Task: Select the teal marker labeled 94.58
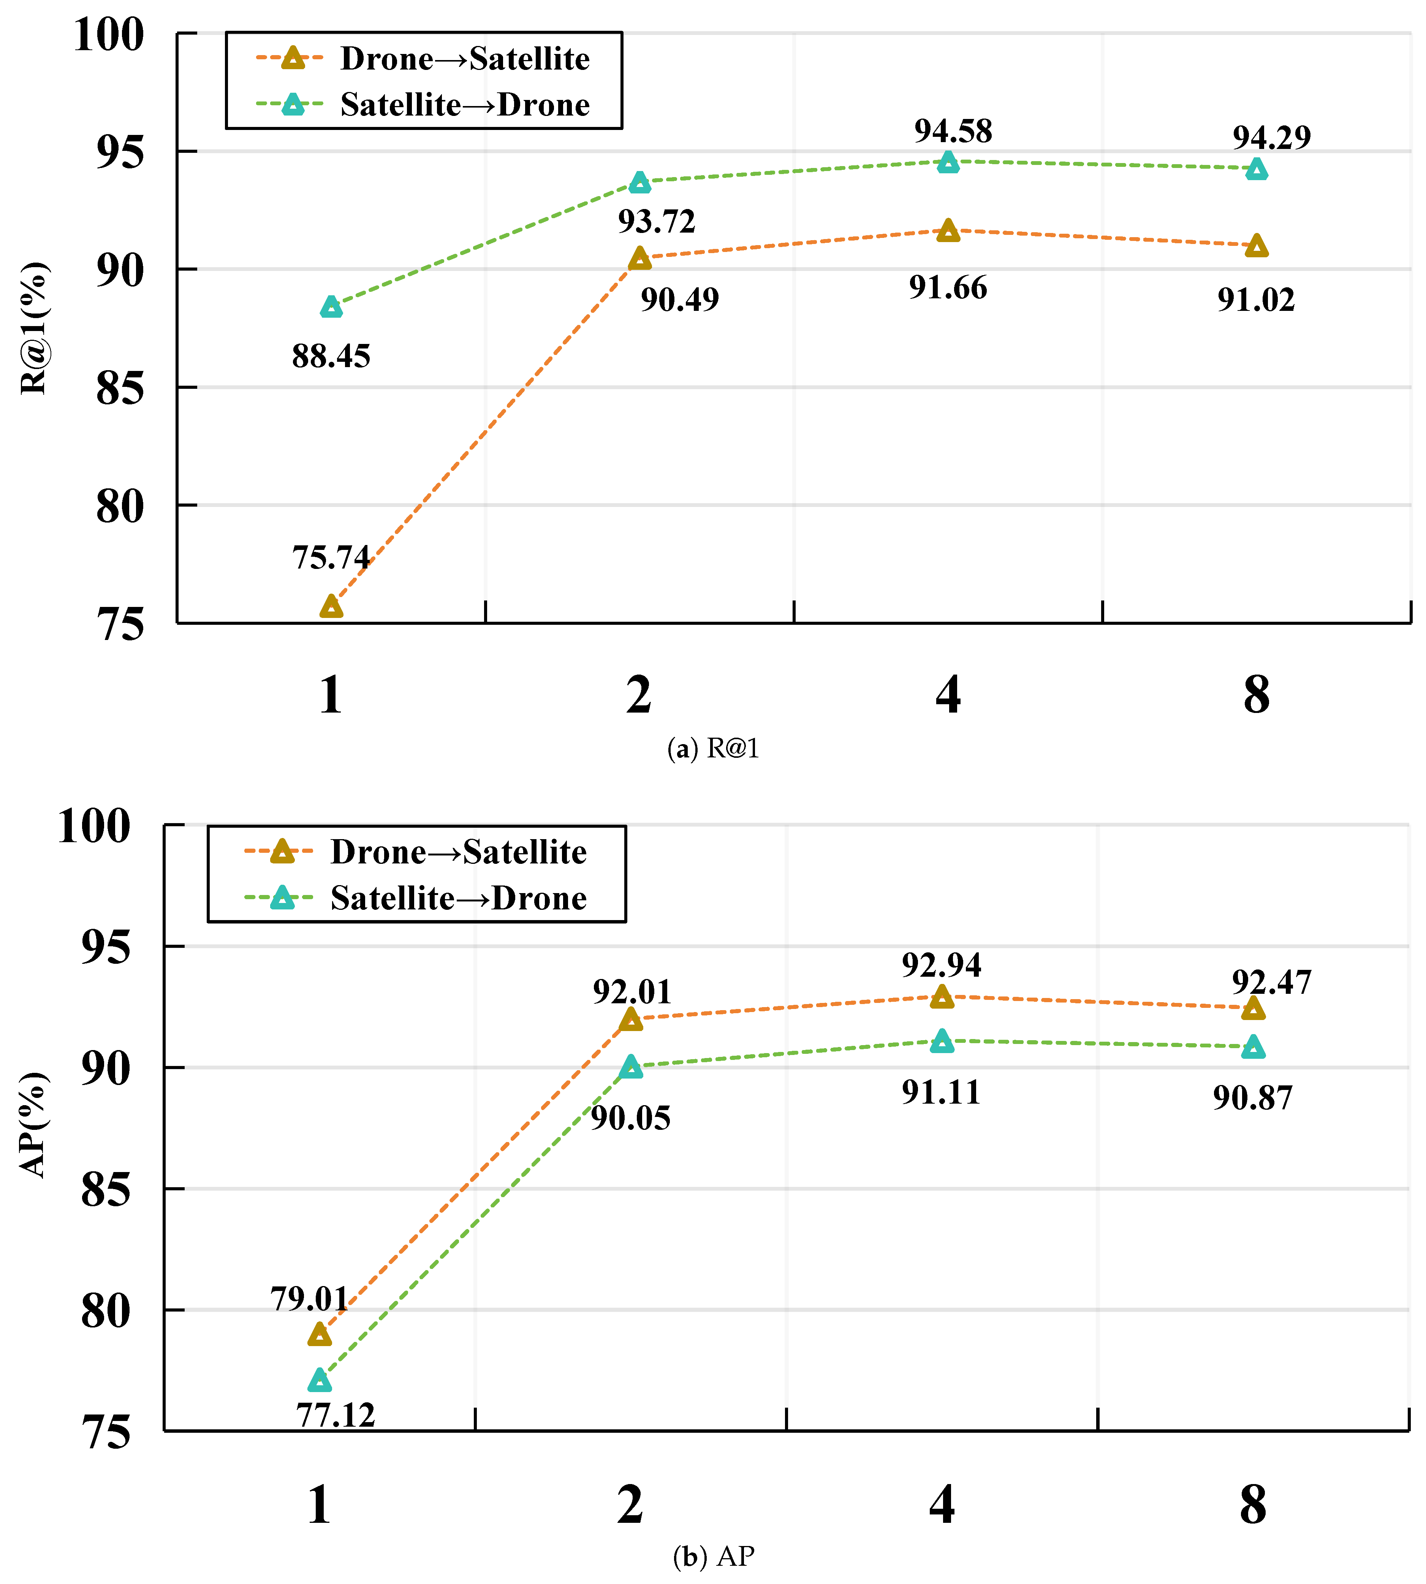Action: tap(948, 162)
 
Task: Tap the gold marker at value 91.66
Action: tap(948, 230)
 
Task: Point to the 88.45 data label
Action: tap(331, 356)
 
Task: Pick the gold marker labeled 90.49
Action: tap(639, 258)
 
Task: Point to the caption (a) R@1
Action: tap(713, 749)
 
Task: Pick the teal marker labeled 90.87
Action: tap(1253, 1047)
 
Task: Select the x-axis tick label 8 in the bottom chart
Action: tap(1253, 1505)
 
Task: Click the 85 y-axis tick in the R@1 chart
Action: tap(120, 388)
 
